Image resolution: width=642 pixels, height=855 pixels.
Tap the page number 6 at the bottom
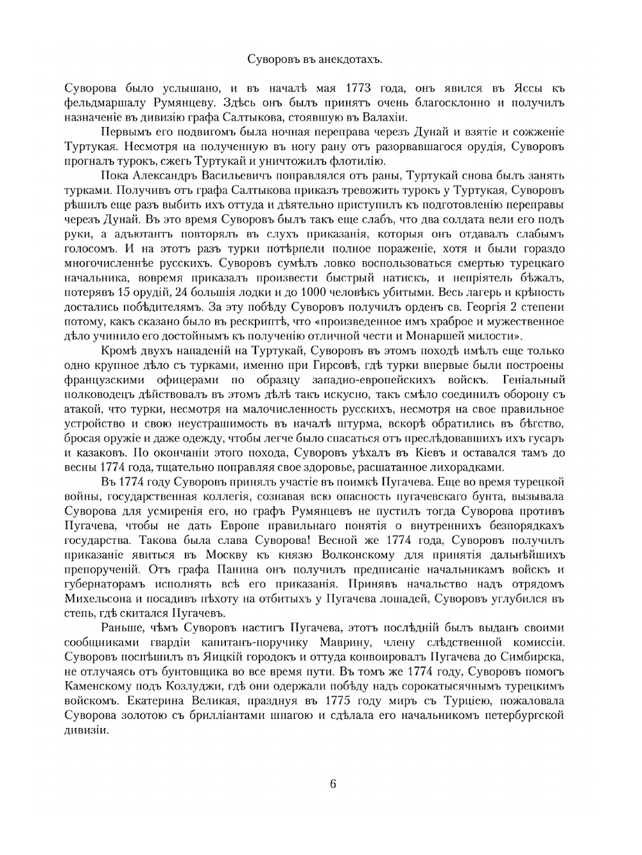point(333,784)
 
